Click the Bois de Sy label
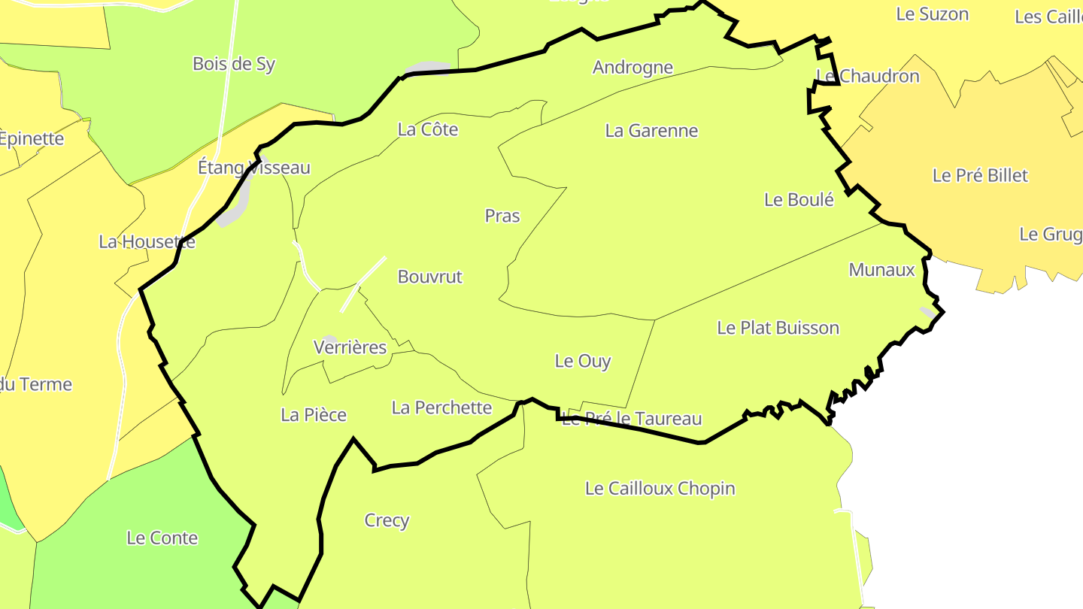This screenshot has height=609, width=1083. (x=234, y=64)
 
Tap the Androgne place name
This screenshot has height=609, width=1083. (x=633, y=68)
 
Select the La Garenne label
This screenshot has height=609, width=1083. (x=651, y=131)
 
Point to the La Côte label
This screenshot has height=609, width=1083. (x=428, y=129)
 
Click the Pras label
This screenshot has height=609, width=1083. (x=502, y=216)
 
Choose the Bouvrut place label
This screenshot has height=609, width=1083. (x=430, y=277)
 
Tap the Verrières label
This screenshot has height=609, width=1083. (x=350, y=347)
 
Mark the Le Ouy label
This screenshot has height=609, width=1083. (x=583, y=361)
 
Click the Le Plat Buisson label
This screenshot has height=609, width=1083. (x=778, y=328)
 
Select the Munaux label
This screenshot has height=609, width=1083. (x=881, y=270)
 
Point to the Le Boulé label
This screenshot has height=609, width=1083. (x=799, y=200)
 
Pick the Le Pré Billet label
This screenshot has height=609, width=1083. (x=980, y=175)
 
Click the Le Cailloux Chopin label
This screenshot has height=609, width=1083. (x=660, y=489)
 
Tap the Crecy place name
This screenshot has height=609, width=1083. (x=387, y=520)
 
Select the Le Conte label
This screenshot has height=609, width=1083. (x=162, y=538)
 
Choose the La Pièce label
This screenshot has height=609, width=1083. (x=314, y=415)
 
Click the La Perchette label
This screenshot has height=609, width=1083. (x=441, y=408)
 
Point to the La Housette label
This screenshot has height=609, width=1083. (x=147, y=242)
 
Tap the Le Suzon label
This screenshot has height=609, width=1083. (x=932, y=14)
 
